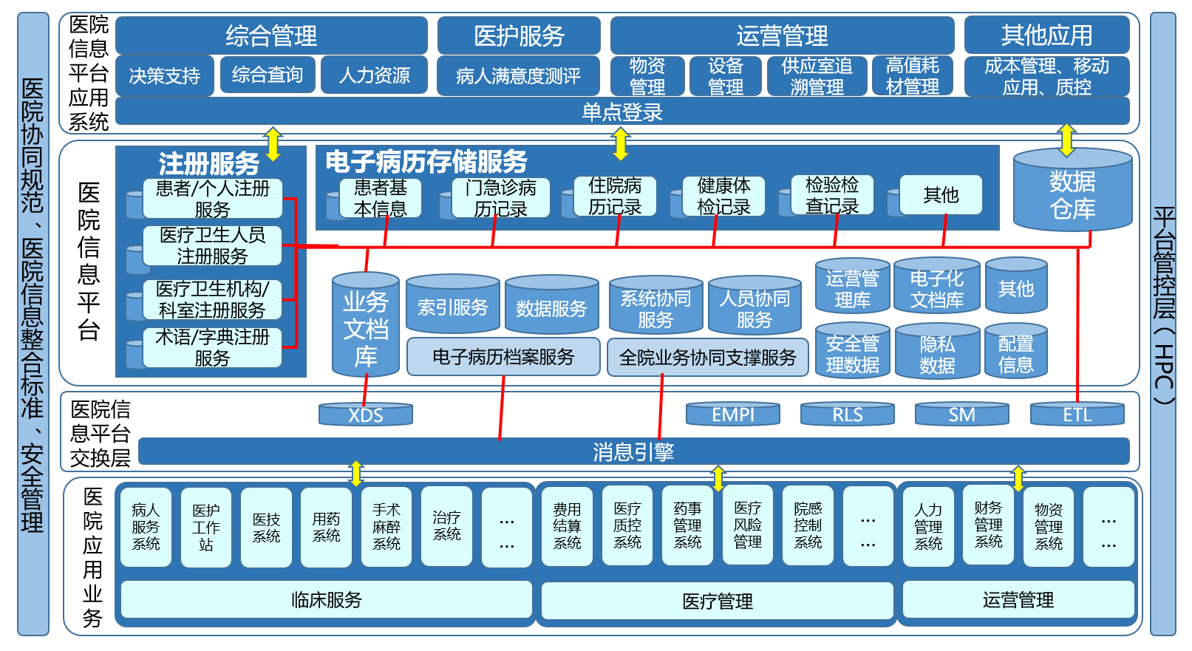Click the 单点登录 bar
pyautogui.click(x=622, y=112)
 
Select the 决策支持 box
pyautogui.click(x=165, y=75)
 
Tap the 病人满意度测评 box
pyautogui.click(x=518, y=75)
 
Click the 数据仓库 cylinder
pyautogui.click(x=1072, y=194)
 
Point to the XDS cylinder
pyautogui.click(x=366, y=415)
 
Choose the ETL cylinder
pyautogui.click(x=1077, y=415)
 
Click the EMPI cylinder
pyautogui.click(x=733, y=415)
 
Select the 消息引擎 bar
pyautogui.click(x=633, y=451)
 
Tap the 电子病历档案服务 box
pyautogui.click(x=503, y=357)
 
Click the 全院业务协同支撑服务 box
pyautogui.click(x=707, y=358)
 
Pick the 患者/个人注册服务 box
pyautogui.click(x=212, y=199)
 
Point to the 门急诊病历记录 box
pyautogui.click(x=500, y=198)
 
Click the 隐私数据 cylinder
pyautogui.click(x=937, y=354)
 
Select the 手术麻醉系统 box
pyautogui.click(x=386, y=526)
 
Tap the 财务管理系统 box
pyautogui.click(x=988, y=525)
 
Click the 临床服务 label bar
pyautogui.click(x=326, y=599)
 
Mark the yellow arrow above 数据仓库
pyautogui.click(x=1066, y=140)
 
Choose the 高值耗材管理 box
pyautogui.click(x=912, y=76)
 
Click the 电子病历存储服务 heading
pyautogui.click(x=426, y=161)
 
